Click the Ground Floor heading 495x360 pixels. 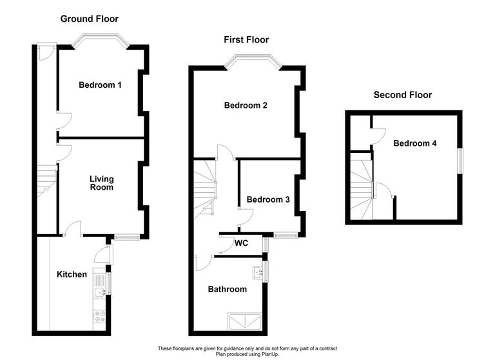(x=90, y=19)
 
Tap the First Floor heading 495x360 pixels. (x=246, y=40)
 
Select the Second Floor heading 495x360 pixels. (x=403, y=95)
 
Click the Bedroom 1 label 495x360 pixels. (x=100, y=85)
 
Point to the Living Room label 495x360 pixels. (x=101, y=183)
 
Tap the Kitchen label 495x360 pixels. (x=72, y=274)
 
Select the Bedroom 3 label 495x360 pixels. (x=268, y=199)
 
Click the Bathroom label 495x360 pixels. (x=227, y=289)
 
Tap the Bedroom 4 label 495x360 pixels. (x=415, y=143)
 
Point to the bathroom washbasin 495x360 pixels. (x=258, y=272)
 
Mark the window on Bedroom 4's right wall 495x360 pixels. (x=461, y=161)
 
